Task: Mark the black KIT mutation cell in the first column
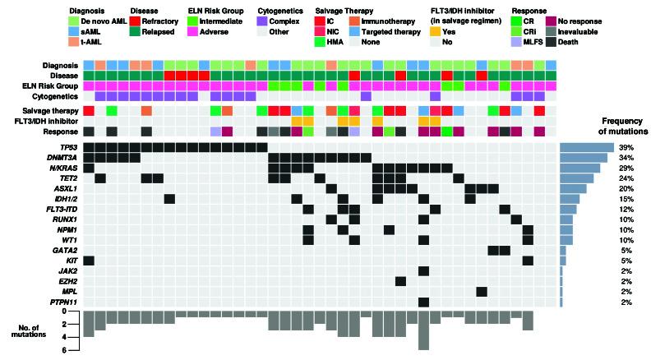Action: [x=89, y=261]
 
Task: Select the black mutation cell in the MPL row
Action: [x=482, y=291]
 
